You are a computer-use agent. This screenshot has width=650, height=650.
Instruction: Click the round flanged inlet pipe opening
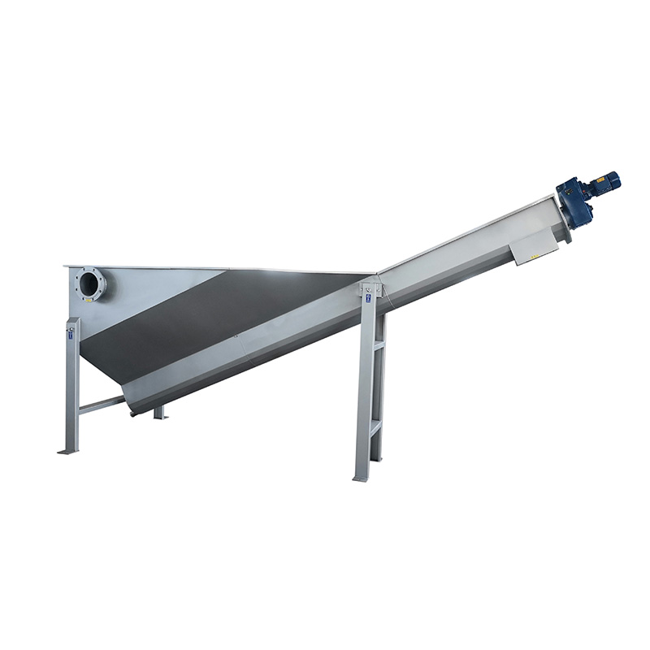(90, 284)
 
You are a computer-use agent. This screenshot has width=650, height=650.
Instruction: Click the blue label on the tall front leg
(368, 298)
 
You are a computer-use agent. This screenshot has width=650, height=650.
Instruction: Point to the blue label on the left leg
(71, 333)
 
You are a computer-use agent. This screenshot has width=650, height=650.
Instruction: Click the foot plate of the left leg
(68, 451)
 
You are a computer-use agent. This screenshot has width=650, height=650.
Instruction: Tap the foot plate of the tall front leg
(360, 479)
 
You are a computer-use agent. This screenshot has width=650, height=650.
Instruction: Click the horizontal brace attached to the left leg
(102, 405)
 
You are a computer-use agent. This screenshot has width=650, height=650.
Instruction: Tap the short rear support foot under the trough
(160, 414)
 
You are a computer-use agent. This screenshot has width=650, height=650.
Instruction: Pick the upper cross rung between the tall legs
(377, 347)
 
